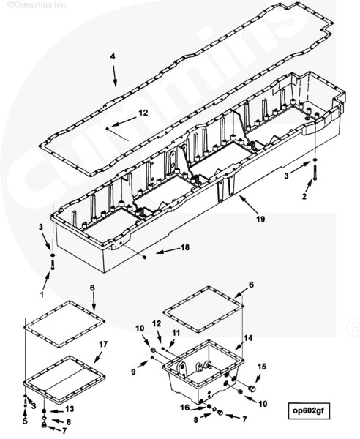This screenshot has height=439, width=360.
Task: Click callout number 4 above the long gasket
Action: pyautogui.click(x=112, y=56)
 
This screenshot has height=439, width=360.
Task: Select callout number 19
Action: pyautogui.click(x=260, y=219)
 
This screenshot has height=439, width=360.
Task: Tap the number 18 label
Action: pyautogui.click(x=185, y=247)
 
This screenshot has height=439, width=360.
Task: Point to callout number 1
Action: pyautogui.click(x=42, y=294)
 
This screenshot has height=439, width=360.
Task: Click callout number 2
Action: pyautogui.click(x=304, y=196)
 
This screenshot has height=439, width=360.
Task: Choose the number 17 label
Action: pyautogui.click(x=103, y=344)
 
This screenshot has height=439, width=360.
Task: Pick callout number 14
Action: pyautogui.click(x=248, y=338)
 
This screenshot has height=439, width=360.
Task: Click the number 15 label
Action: pyautogui.click(x=262, y=367)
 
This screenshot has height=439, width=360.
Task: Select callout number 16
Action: pyautogui.click(x=185, y=408)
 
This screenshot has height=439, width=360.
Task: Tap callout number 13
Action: pyautogui.click(x=70, y=409)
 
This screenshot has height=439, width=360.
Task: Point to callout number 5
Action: pyautogui.click(x=25, y=421)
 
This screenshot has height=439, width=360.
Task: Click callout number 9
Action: pyautogui.click(x=133, y=372)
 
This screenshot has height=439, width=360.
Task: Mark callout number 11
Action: pyautogui.click(x=176, y=333)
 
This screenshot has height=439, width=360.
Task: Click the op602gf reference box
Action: pyautogui.click(x=309, y=410)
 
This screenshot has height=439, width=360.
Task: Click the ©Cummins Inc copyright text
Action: pyautogui.click(x=37, y=5)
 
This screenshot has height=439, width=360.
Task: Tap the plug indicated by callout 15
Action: pyautogui.click(x=252, y=389)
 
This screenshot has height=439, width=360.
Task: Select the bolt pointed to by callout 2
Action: pyautogui.click(x=315, y=173)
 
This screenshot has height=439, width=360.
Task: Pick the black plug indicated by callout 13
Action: pyautogui.click(x=44, y=410)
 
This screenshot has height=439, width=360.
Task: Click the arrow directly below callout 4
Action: pyautogui.click(x=114, y=76)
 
